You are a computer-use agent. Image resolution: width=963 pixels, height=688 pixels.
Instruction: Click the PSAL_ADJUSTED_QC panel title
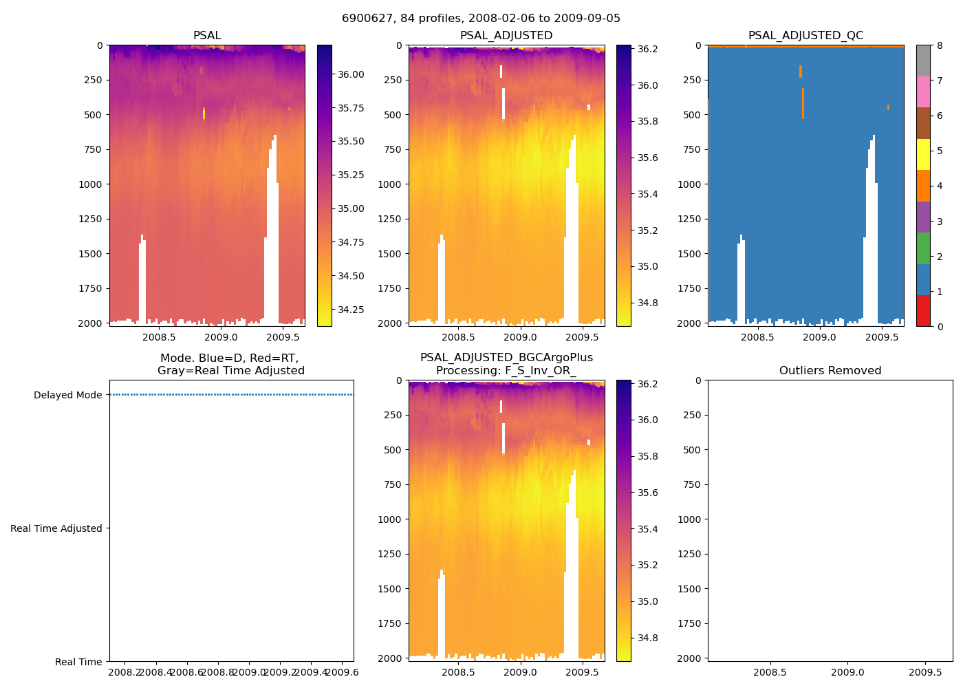point(805,36)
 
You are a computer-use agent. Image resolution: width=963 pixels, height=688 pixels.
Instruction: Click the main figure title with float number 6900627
point(481,19)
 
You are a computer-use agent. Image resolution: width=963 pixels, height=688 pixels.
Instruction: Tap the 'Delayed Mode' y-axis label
point(67,396)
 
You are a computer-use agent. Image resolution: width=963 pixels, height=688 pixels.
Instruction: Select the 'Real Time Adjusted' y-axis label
point(56,529)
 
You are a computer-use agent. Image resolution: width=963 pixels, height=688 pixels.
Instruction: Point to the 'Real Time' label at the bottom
point(78,663)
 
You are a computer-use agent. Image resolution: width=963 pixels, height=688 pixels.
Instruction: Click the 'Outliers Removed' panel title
point(830,371)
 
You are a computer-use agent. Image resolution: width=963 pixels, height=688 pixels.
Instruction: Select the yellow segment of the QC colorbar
point(923,155)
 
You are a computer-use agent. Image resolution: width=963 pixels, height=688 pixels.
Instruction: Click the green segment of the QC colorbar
point(923,248)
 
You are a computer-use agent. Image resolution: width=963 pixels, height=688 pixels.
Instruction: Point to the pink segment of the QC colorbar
point(923,92)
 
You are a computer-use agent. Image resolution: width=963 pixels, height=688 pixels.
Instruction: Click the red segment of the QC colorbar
point(923,310)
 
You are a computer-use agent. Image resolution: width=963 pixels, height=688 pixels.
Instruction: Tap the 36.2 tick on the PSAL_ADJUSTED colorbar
point(647,50)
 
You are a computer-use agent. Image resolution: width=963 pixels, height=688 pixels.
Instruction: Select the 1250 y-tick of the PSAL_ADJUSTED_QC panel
point(689,219)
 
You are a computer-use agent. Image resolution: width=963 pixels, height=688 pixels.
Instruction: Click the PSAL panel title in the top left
point(207,36)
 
